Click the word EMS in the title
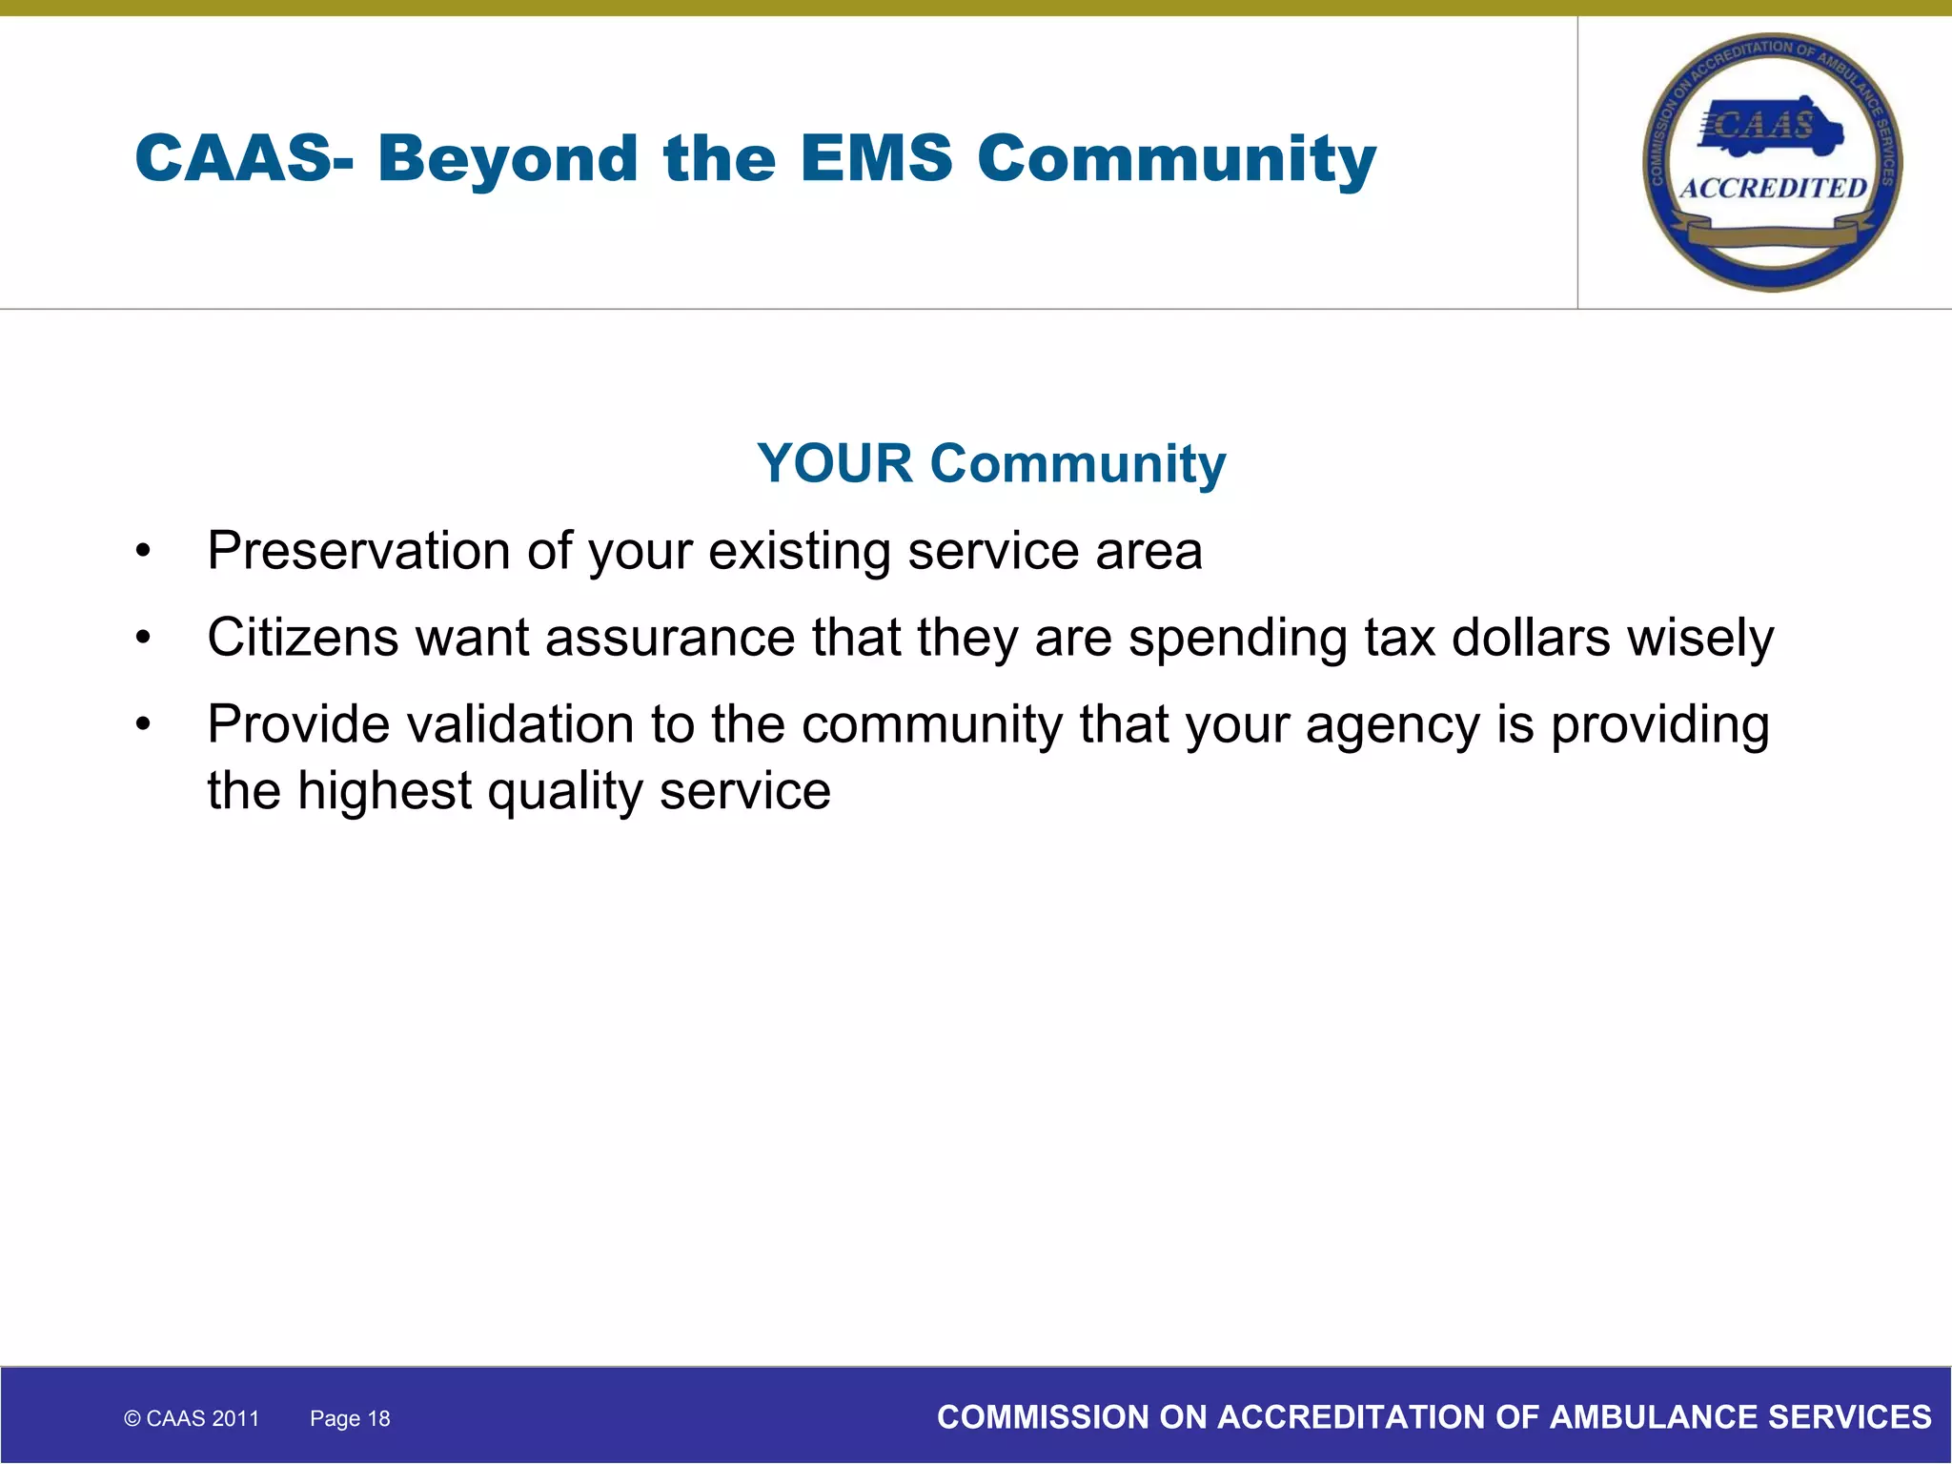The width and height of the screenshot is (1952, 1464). click(x=876, y=157)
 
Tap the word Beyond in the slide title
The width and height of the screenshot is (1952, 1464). click(x=507, y=159)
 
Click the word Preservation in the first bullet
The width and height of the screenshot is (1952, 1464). click(x=358, y=551)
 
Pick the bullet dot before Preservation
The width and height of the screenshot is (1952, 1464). click(x=143, y=551)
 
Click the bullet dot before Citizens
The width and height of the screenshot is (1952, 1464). click(x=143, y=638)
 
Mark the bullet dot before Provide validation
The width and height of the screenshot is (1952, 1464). click(x=143, y=724)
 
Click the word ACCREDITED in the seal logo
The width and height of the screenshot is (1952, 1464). click(x=1773, y=188)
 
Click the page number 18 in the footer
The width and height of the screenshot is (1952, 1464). click(x=379, y=1418)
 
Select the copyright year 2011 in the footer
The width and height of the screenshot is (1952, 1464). click(x=236, y=1418)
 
